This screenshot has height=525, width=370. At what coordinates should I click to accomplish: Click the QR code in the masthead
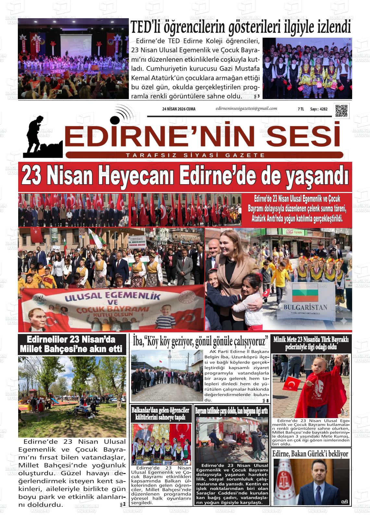[x=341, y=111]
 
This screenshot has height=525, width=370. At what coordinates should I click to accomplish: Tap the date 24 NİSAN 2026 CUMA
[x=179, y=109]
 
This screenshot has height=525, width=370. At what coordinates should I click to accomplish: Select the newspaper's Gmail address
[x=246, y=109]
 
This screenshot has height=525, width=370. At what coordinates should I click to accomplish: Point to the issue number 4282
[x=323, y=109]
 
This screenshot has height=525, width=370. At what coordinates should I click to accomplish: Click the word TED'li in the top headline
[x=145, y=28]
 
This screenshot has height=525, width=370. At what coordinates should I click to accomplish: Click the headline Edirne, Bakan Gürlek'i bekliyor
[x=310, y=454]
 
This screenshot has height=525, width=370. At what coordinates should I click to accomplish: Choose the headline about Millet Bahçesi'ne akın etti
[x=71, y=344]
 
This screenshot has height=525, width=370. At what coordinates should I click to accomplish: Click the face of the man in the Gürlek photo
[x=317, y=471]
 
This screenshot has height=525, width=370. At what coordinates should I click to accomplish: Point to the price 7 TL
[x=301, y=109]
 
